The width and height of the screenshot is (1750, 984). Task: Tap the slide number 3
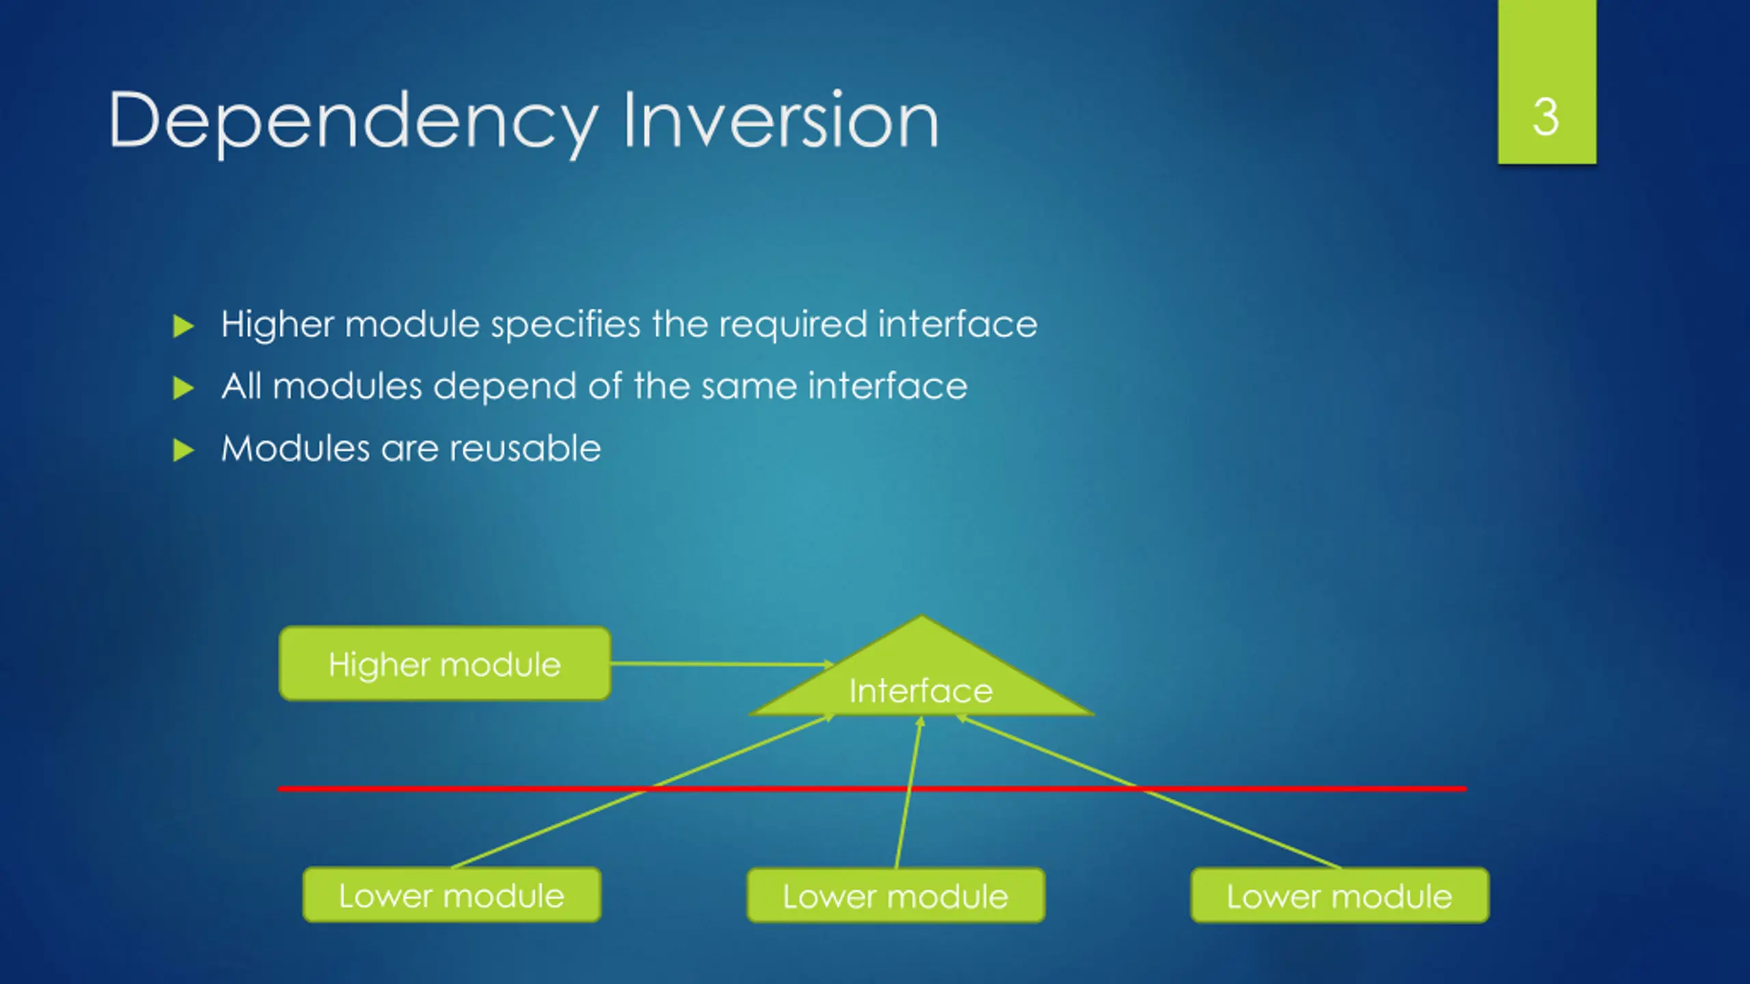1546,118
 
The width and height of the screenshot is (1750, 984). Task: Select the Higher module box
445,664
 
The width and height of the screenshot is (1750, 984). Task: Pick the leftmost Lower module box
452,895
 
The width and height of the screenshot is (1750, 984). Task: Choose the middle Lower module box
896,896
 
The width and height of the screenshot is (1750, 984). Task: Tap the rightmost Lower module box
1340,896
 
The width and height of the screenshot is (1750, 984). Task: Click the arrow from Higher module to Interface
723,664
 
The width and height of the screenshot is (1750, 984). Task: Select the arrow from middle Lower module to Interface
908,793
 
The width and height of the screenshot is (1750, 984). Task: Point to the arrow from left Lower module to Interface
643,791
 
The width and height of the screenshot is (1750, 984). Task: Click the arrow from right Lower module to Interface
1148,791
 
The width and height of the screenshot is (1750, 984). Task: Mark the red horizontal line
872,789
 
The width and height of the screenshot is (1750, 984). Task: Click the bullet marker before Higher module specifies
184,326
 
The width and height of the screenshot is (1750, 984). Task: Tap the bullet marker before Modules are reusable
184,450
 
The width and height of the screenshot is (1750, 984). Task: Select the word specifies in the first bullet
566,325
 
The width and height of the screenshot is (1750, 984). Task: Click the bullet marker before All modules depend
184,388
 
